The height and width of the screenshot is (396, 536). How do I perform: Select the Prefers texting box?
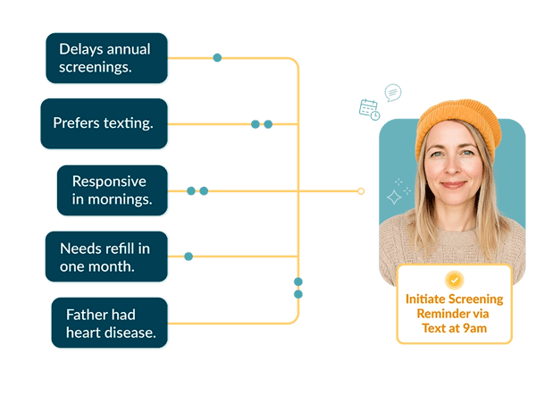click(x=104, y=123)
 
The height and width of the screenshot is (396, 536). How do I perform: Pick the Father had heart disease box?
click(x=109, y=323)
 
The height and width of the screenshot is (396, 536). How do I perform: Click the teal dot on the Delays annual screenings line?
click(x=217, y=57)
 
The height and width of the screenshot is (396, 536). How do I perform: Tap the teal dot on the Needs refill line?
click(x=188, y=257)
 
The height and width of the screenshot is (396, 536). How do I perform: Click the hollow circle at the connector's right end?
click(x=361, y=190)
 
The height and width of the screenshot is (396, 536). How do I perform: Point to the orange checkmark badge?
click(x=455, y=280)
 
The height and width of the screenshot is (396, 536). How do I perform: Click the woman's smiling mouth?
click(x=453, y=185)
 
